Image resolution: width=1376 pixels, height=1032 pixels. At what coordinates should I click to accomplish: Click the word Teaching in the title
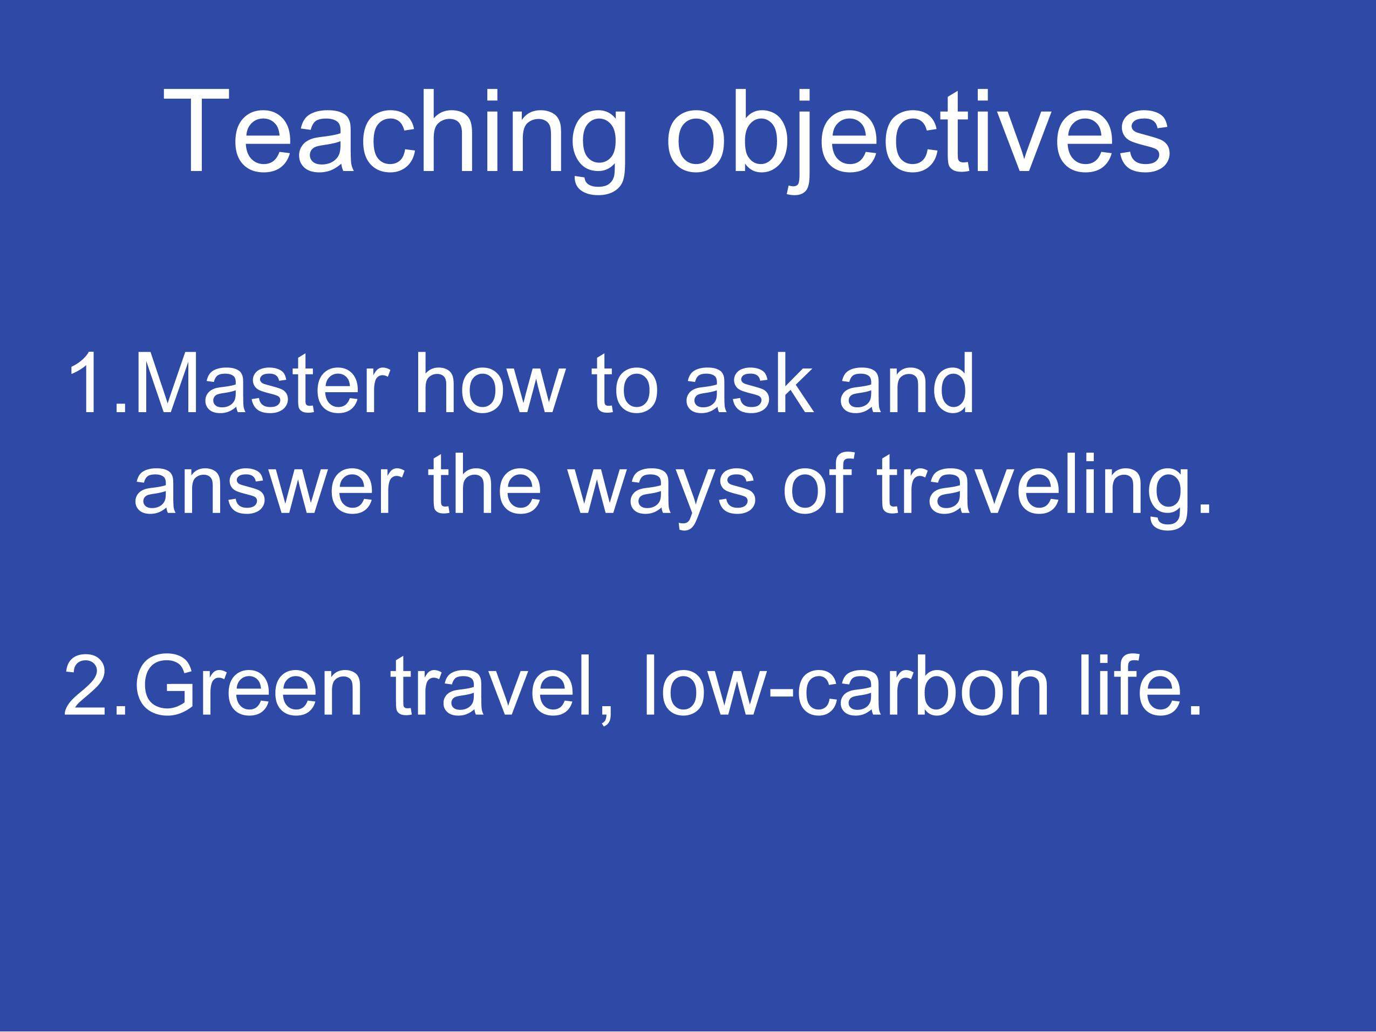click(x=395, y=133)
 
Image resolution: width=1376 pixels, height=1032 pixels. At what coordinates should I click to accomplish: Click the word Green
click(x=248, y=687)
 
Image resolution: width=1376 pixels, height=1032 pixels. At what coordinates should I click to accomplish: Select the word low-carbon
click(x=846, y=687)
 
